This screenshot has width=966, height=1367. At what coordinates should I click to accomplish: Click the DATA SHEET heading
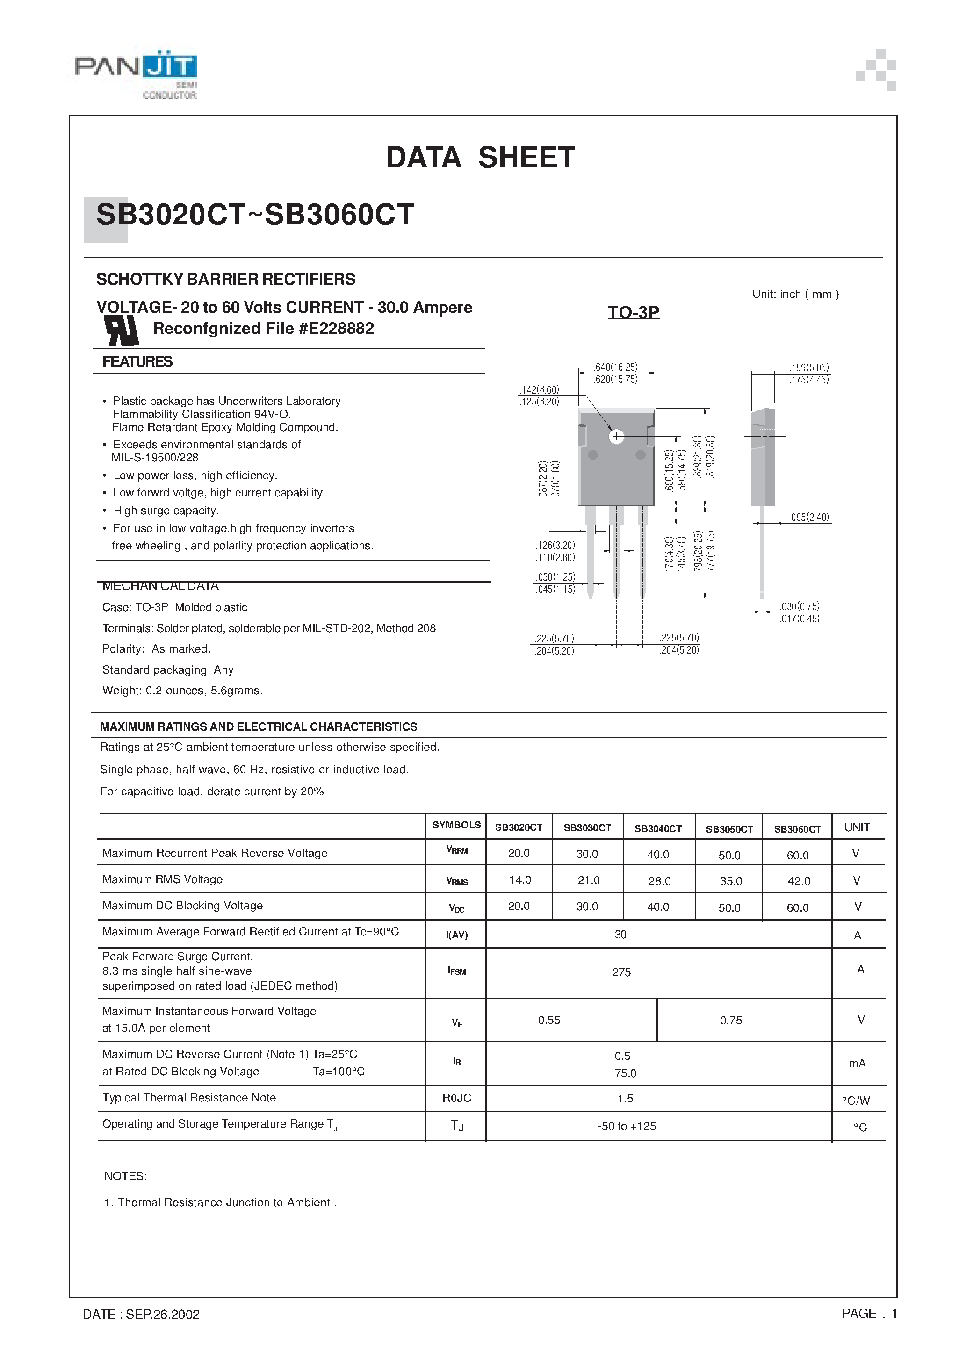(480, 158)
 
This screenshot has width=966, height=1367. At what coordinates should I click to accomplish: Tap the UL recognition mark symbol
(122, 329)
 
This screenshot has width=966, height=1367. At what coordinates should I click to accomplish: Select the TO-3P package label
(633, 313)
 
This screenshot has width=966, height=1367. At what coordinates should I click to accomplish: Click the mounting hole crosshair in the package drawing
(616, 436)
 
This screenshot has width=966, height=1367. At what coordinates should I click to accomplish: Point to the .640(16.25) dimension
(616, 367)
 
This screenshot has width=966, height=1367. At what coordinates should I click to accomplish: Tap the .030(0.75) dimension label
(800, 606)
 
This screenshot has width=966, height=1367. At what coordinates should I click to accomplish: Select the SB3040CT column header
(657, 828)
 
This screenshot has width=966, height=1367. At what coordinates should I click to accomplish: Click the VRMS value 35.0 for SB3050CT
(730, 881)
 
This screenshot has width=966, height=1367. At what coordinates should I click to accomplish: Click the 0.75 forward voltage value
(731, 1021)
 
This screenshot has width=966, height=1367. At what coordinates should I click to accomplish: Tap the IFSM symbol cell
(456, 971)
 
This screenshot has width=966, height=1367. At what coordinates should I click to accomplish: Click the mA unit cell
(857, 1064)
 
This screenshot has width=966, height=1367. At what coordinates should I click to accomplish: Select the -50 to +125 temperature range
(627, 1126)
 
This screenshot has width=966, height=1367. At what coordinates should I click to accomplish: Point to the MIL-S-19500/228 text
(155, 458)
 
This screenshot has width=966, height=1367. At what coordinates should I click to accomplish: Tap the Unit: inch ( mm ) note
(795, 294)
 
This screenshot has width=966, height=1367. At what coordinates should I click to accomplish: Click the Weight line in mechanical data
(182, 691)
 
